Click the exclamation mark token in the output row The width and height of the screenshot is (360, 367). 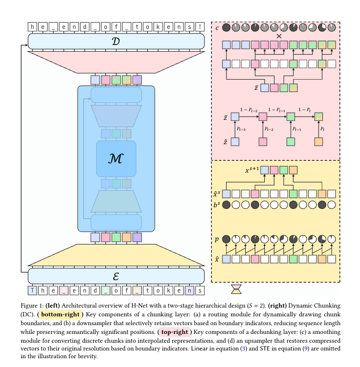(200, 26)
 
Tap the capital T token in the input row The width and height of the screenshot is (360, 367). (33, 290)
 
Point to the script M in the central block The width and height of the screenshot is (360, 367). (116, 159)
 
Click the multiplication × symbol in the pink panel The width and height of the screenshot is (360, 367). (279, 36)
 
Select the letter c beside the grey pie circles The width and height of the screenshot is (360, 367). (217, 27)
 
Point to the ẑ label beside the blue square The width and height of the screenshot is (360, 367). (226, 140)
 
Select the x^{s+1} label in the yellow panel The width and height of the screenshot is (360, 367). (251, 170)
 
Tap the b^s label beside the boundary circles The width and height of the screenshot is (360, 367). (217, 204)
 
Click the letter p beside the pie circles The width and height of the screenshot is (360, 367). (217, 239)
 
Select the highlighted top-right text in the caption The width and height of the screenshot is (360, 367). (177, 331)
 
